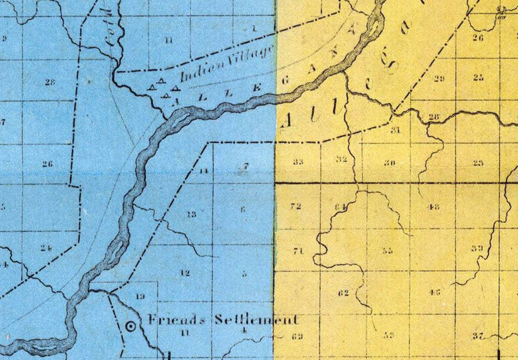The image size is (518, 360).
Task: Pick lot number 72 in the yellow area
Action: pyautogui.click(x=295, y=207)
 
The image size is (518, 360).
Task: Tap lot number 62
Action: pyautogui.click(x=343, y=293)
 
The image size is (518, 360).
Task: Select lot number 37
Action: pyautogui.click(x=478, y=335)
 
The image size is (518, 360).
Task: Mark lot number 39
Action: pyautogui.click(x=477, y=248)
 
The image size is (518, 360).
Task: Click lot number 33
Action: pyautogui.click(x=298, y=162)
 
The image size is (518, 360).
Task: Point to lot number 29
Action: pyautogui.click(x=439, y=79)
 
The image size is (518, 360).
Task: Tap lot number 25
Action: pyautogui.click(x=478, y=77)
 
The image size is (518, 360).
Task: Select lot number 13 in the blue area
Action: pyautogui.click(x=191, y=214)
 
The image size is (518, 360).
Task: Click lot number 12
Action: pyautogui.click(x=185, y=274)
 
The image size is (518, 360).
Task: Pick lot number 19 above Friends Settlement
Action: pyautogui.click(x=140, y=297)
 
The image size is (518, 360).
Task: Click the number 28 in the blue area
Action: pyautogui.click(x=49, y=80)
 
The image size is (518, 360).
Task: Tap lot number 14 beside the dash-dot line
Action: pyautogui.click(x=204, y=172)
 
